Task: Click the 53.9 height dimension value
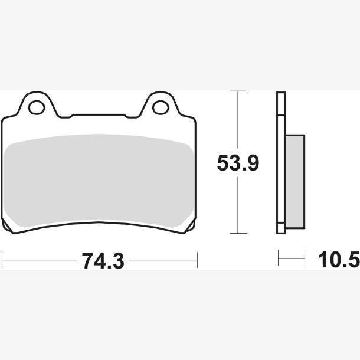pos(238,163)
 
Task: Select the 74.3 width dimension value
pos(103,261)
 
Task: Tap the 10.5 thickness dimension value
pos(339,260)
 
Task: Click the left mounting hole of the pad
pos(37,107)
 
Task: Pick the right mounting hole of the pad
pos(161,107)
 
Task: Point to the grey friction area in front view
pos(99,180)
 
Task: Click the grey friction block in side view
pos(295,182)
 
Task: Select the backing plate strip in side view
pos(281,163)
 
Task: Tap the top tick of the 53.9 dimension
pos(238,91)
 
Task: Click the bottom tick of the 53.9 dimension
pos(238,233)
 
